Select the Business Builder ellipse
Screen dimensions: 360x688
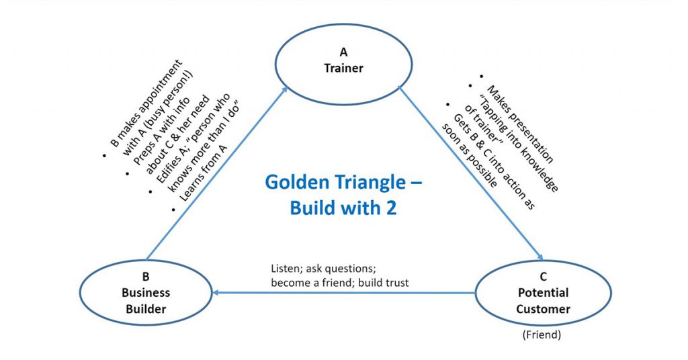pyautogui.click(x=146, y=292)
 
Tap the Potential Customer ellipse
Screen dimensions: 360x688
pyautogui.click(x=543, y=292)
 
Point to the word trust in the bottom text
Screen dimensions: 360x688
pyautogui.click(x=396, y=283)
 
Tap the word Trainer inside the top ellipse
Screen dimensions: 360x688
pyautogui.click(x=343, y=68)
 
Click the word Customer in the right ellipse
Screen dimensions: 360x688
pyautogui.click(x=543, y=309)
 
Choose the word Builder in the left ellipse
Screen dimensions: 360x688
pyautogui.click(x=146, y=309)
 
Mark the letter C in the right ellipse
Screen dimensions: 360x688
pyautogui.click(x=543, y=275)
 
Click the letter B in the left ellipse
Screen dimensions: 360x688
pyautogui.click(x=146, y=275)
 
